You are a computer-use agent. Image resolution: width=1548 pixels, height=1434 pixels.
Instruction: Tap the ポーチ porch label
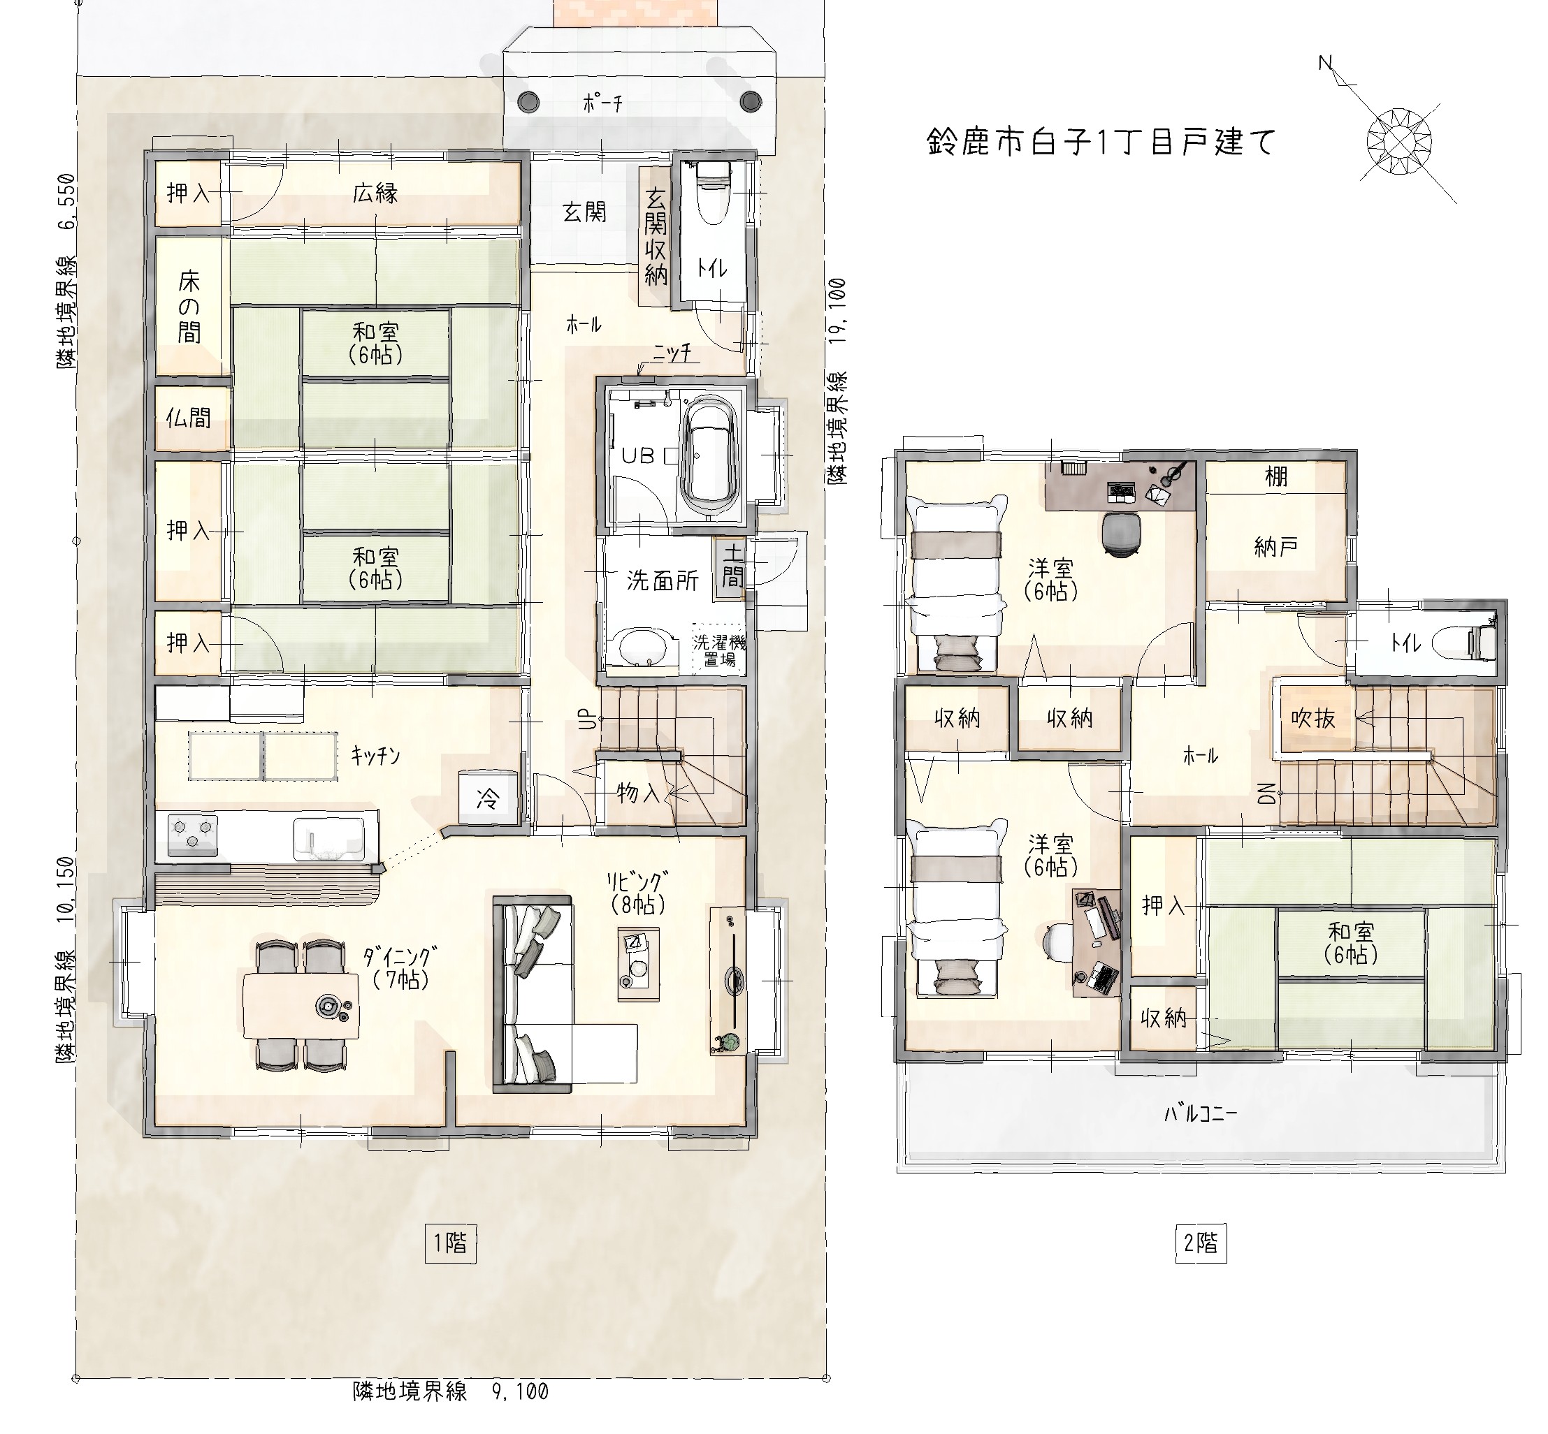(x=602, y=103)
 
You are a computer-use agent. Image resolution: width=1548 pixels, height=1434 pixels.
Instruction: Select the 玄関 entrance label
(x=584, y=212)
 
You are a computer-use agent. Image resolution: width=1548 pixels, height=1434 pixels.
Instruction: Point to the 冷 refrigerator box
(x=488, y=798)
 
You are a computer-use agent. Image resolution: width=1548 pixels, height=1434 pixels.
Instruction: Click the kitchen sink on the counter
(x=328, y=839)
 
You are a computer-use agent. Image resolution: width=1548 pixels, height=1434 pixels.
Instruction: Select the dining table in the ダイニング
(x=301, y=1005)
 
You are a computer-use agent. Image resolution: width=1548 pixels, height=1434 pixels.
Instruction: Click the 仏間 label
(x=189, y=418)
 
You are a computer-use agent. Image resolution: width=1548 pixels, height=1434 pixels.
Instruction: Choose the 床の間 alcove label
(x=189, y=307)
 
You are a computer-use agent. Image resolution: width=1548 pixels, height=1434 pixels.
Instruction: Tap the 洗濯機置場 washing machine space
(x=719, y=650)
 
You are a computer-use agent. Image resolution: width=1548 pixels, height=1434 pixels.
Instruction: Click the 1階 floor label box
(x=450, y=1244)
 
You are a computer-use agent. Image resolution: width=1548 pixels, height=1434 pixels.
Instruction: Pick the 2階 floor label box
(x=1200, y=1244)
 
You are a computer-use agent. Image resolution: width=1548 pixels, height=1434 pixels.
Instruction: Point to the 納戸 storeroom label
(x=1275, y=547)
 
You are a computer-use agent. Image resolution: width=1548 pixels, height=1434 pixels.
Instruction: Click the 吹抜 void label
(x=1312, y=719)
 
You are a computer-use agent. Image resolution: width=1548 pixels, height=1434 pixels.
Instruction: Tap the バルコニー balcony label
(x=1200, y=1114)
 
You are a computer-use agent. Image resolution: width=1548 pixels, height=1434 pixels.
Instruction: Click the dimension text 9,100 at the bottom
(x=520, y=1391)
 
